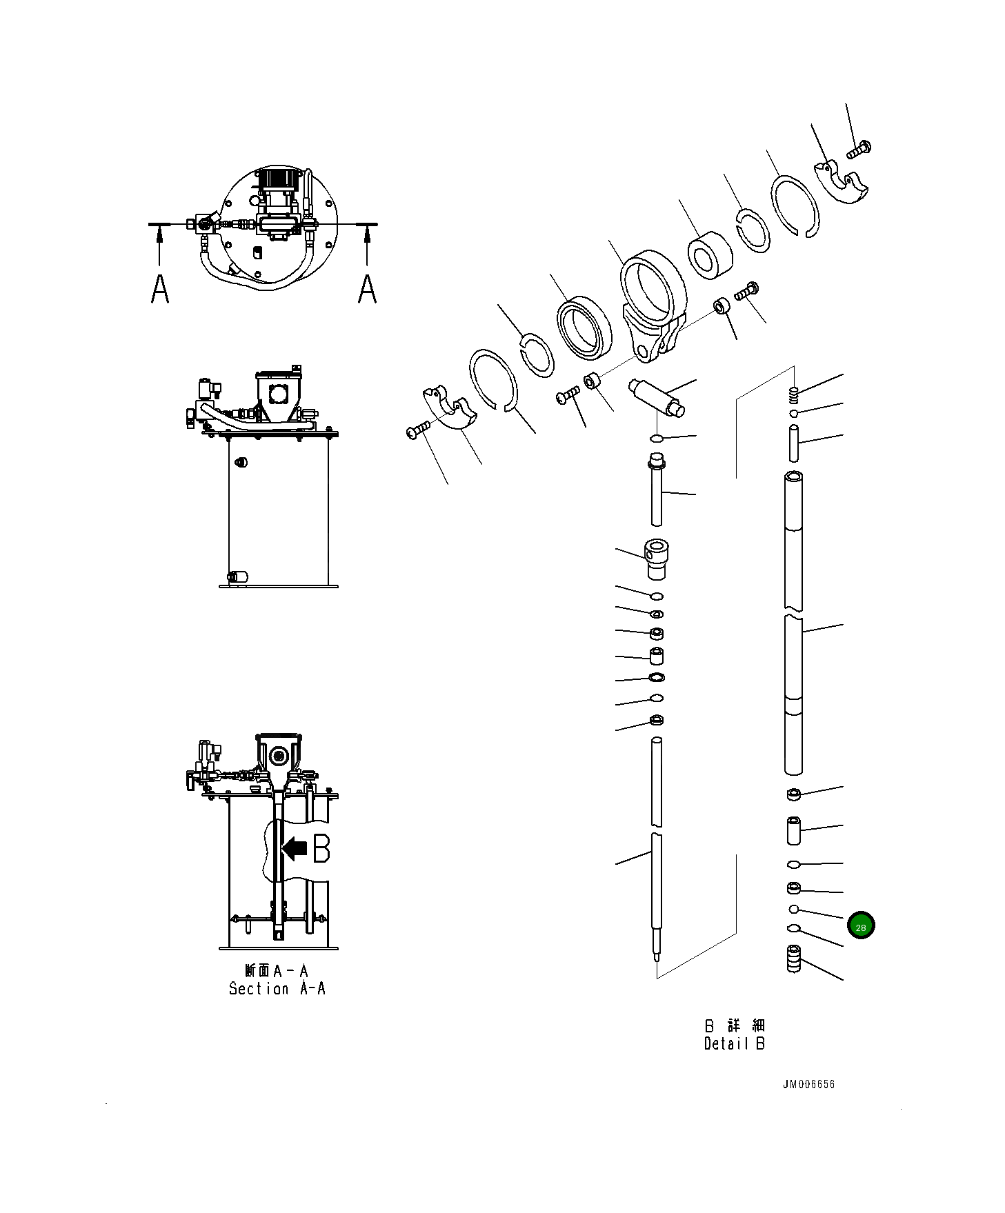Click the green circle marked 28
[x=860, y=925]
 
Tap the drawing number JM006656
[x=808, y=1084]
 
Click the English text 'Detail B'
[x=734, y=1043]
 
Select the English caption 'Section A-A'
[x=277, y=988]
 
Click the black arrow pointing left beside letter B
[x=295, y=848]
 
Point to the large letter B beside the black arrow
[x=321, y=848]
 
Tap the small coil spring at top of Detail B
[x=793, y=395]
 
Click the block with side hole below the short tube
[x=657, y=559]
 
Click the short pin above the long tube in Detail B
[x=793, y=443]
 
